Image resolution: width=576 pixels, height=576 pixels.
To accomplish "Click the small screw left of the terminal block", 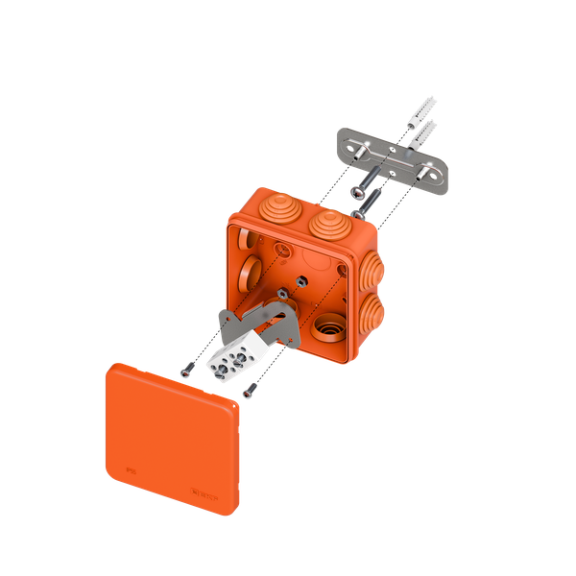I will tap(184, 370).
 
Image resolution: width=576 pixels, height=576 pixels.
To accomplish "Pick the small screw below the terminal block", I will tap(249, 390).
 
